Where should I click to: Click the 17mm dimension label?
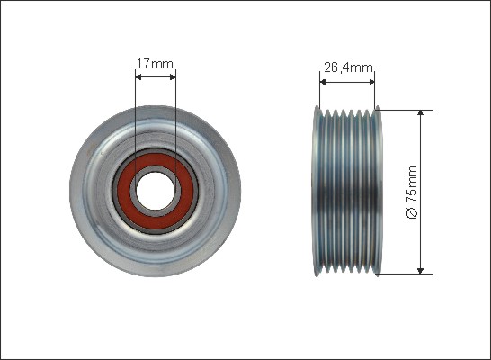(155, 64)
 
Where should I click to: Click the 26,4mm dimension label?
(348, 67)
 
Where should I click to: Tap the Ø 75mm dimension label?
(412, 192)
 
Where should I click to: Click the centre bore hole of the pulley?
(156, 191)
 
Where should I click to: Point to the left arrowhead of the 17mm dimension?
(138, 77)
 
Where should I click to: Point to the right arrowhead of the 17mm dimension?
(173, 77)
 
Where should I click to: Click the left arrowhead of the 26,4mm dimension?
(323, 82)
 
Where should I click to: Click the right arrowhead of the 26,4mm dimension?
(371, 82)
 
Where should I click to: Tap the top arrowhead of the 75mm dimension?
(421, 113)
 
